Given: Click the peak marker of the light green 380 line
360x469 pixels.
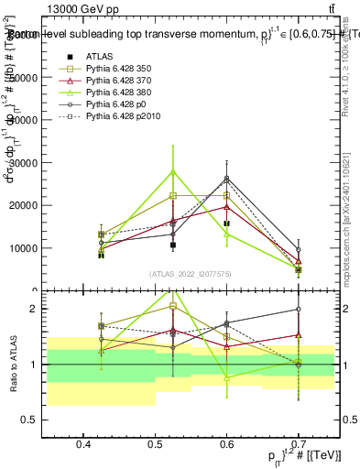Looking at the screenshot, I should (x=172, y=171).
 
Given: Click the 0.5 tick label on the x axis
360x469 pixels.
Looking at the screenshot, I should (x=156, y=444).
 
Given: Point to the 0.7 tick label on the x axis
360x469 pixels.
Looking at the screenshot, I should (x=299, y=444).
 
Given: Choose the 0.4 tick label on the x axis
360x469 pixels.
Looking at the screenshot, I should (x=84, y=444).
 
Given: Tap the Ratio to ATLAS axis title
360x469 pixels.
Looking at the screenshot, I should (x=13, y=364).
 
